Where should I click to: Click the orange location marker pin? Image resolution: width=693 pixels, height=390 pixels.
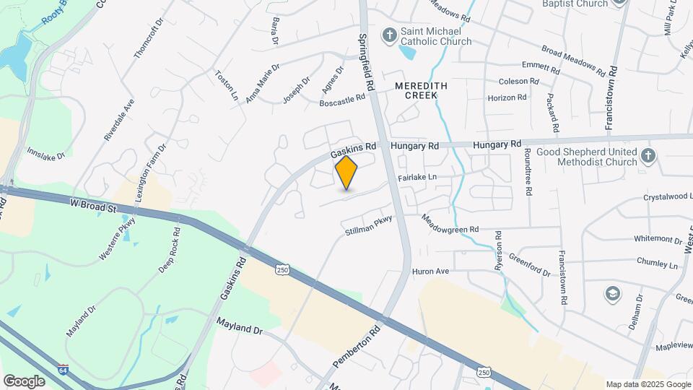click(346, 173)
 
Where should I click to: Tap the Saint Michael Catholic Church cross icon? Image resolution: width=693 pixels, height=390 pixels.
click(390, 35)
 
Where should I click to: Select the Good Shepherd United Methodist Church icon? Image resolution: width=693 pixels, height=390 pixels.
click(648, 156)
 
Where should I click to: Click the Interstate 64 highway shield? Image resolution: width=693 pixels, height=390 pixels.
click(64, 370)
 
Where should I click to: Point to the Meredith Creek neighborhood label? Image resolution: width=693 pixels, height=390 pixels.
click(421, 90)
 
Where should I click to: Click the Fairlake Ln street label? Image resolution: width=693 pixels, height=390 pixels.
click(417, 177)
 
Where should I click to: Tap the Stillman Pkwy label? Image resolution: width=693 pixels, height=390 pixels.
click(368, 226)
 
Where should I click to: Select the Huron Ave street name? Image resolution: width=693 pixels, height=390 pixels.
click(430, 272)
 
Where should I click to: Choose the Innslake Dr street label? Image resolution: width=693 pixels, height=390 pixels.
click(46, 154)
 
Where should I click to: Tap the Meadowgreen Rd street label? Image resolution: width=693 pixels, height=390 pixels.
click(450, 224)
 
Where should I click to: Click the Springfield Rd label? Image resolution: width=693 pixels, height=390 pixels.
click(368, 61)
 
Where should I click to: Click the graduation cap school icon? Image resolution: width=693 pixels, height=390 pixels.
click(613, 293)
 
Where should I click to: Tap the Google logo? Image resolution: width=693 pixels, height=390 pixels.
click(23, 381)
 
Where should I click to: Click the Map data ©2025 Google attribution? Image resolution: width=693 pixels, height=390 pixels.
click(648, 384)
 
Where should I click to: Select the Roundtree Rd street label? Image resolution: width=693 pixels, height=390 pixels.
click(528, 173)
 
